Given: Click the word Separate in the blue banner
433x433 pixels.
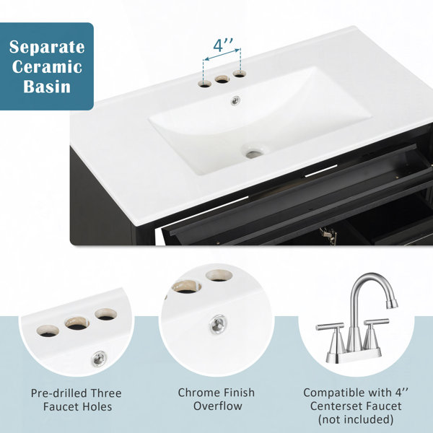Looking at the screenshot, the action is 47,47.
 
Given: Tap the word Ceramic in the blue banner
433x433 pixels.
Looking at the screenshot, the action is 47,67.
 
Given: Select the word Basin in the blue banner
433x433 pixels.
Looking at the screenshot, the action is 47,87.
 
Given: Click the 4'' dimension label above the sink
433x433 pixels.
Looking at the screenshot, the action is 223,45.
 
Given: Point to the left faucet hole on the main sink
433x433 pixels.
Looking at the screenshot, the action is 205,84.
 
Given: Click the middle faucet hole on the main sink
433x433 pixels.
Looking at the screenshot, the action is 222,79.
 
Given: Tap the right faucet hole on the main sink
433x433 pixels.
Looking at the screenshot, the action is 240,74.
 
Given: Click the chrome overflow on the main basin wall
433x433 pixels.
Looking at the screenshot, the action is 235,100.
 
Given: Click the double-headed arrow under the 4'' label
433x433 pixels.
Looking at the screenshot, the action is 222,54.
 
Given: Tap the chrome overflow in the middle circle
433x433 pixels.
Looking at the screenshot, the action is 218,324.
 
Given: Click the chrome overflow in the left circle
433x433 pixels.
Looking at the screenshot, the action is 99,359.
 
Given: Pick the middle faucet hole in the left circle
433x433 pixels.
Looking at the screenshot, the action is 77,323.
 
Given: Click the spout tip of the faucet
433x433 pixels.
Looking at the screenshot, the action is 392,304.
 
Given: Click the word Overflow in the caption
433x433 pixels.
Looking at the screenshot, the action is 218,406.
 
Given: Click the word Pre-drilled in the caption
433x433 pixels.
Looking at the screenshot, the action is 59,393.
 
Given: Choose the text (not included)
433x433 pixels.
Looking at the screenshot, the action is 356,419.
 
